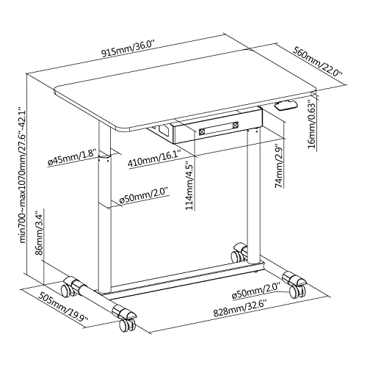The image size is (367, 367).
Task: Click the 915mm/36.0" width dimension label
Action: click(x=128, y=49)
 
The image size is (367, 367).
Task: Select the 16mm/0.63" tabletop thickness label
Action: click(x=312, y=126)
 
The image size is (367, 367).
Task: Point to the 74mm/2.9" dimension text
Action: click(x=279, y=167)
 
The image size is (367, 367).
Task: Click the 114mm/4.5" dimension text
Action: click(x=190, y=185)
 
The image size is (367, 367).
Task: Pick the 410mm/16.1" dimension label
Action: click(x=154, y=159)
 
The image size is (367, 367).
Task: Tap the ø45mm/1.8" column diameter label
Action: click(x=73, y=158)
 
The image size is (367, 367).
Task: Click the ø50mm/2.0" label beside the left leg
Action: click(x=145, y=196)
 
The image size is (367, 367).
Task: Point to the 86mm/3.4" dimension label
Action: click(x=40, y=233)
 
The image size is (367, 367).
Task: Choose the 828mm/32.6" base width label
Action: click(x=240, y=310)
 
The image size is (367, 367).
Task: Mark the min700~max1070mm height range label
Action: click(x=23, y=175)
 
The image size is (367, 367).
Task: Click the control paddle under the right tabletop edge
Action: click(x=286, y=106)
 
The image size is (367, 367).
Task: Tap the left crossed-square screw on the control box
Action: click(x=203, y=131)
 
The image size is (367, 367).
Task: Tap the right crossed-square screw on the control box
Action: click(x=235, y=126)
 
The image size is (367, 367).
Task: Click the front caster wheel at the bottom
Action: click(x=127, y=324)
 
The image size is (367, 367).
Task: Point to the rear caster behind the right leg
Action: click(x=239, y=252)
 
